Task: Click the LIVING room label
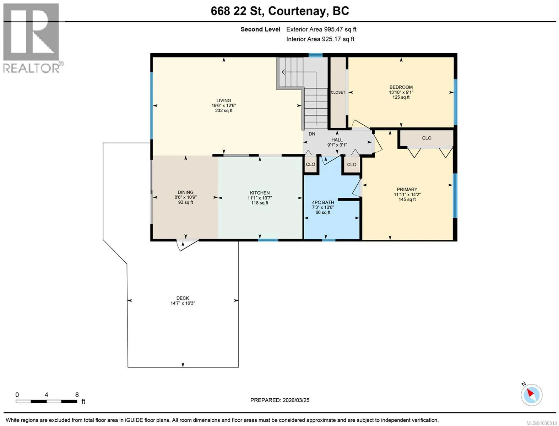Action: coord(224,100)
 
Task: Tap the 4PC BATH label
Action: coord(323,202)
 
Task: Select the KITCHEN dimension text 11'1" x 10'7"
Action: coord(260,198)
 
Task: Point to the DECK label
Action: coord(183,298)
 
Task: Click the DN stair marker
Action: coord(312,134)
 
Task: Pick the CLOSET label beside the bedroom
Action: coord(338,92)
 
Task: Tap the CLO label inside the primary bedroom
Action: coord(427,138)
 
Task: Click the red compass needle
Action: coord(531,393)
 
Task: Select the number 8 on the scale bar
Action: coord(77,394)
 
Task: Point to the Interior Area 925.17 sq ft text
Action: coord(320,39)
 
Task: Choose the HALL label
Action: coord(337,140)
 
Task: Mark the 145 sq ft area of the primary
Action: coord(407,199)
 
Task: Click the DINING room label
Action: coord(185,192)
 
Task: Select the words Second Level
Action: coord(260,29)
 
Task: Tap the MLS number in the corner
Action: coord(541,423)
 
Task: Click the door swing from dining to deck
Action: coord(187,245)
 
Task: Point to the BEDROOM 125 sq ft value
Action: coord(401,97)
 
